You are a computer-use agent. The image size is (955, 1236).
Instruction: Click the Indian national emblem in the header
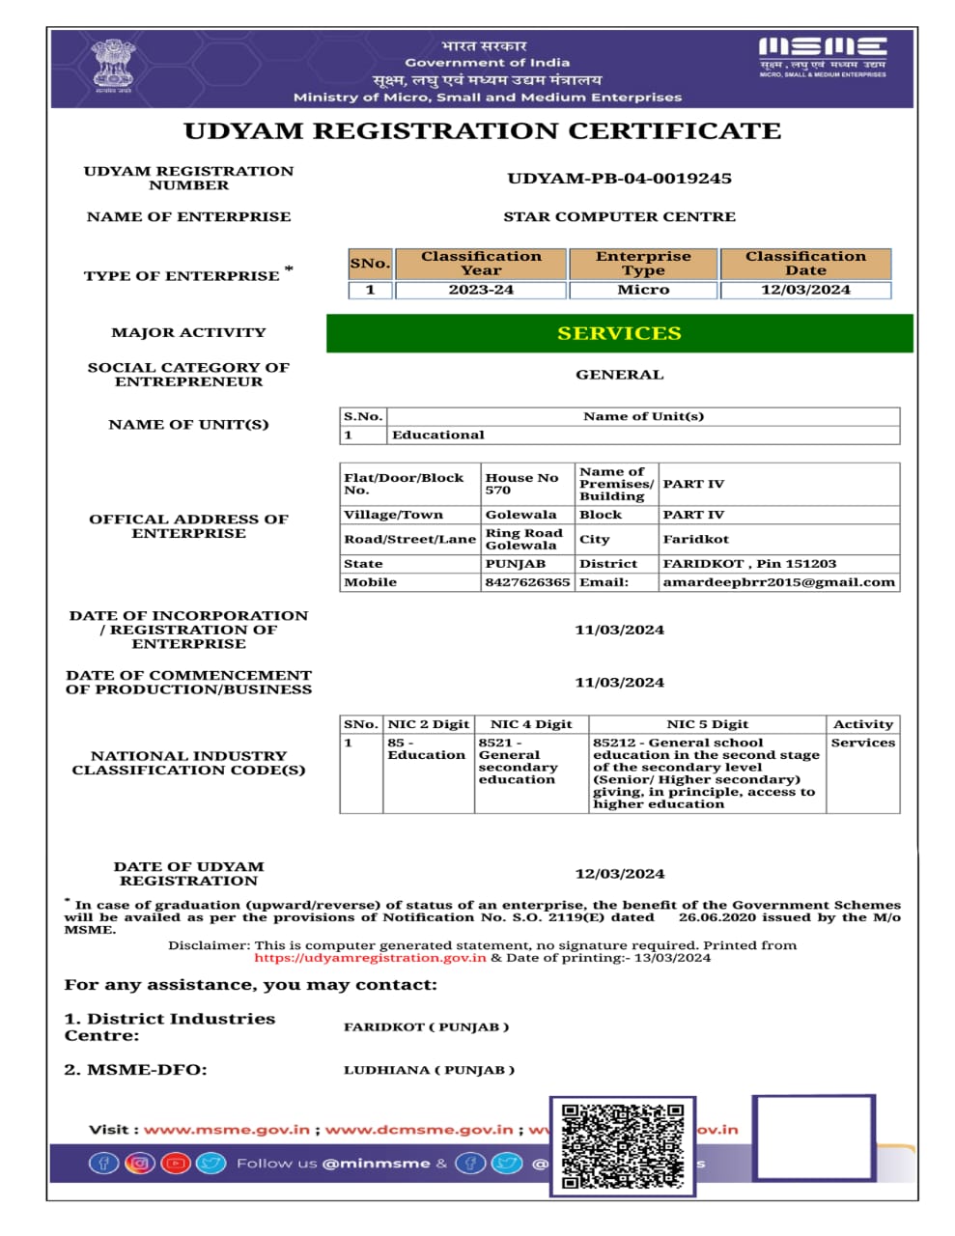pyautogui.click(x=114, y=65)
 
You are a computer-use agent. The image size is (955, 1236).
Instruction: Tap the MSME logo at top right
pyautogui.click(x=822, y=54)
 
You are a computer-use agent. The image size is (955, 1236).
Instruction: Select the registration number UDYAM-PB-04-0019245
pyautogui.click(x=619, y=179)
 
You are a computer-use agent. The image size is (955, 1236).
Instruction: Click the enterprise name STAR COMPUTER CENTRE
pyautogui.click(x=619, y=217)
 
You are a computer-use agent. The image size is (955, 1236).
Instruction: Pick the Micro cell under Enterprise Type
pyautogui.click(x=643, y=290)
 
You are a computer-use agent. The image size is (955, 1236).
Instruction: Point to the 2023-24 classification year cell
pyautogui.click(x=481, y=290)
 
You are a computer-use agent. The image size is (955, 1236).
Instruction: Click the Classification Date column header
pyautogui.click(x=805, y=264)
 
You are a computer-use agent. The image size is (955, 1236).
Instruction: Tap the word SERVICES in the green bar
pyautogui.click(x=619, y=333)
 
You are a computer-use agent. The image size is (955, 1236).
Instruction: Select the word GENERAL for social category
pyautogui.click(x=619, y=375)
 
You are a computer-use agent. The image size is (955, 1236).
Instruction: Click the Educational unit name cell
pyautogui.click(x=438, y=435)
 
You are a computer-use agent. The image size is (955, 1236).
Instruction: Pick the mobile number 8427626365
pyautogui.click(x=527, y=582)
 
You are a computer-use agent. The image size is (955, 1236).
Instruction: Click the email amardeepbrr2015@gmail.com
pyautogui.click(x=778, y=582)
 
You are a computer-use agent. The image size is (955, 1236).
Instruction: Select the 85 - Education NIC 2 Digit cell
pyautogui.click(x=427, y=749)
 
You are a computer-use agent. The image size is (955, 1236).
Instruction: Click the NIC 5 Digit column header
pyautogui.click(x=707, y=724)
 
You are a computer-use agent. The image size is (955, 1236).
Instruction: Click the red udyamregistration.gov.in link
pyautogui.click(x=370, y=958)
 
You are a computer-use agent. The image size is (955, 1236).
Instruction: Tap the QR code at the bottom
pyautogui.click(x=623, y=1146)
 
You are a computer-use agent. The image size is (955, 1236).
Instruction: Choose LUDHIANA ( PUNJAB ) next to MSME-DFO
pyautogui.click(x=429, y=1070)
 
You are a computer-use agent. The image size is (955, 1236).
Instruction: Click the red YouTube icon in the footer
pyautogui.click(x=175, y=1164)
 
